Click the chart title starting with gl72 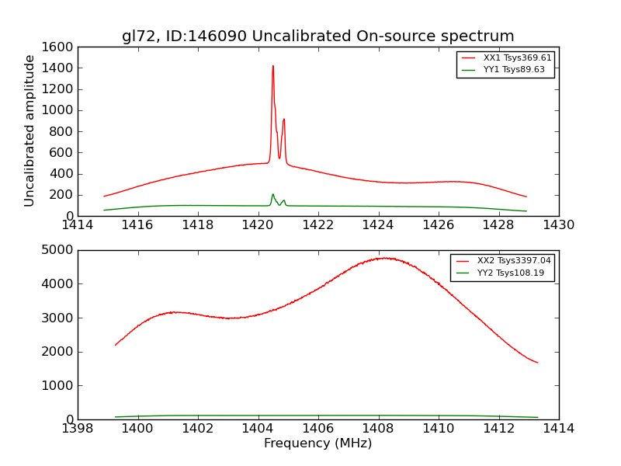[318, 37]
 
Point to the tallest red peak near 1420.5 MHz [273, 66]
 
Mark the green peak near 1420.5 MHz [273, 194]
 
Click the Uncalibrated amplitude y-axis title [30, 130]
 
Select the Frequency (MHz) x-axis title [318, 443]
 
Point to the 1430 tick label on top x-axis [559, 225]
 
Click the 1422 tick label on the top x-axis [318, 225]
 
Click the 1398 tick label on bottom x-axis [78, 429]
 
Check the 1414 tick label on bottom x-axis [559, 429]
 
